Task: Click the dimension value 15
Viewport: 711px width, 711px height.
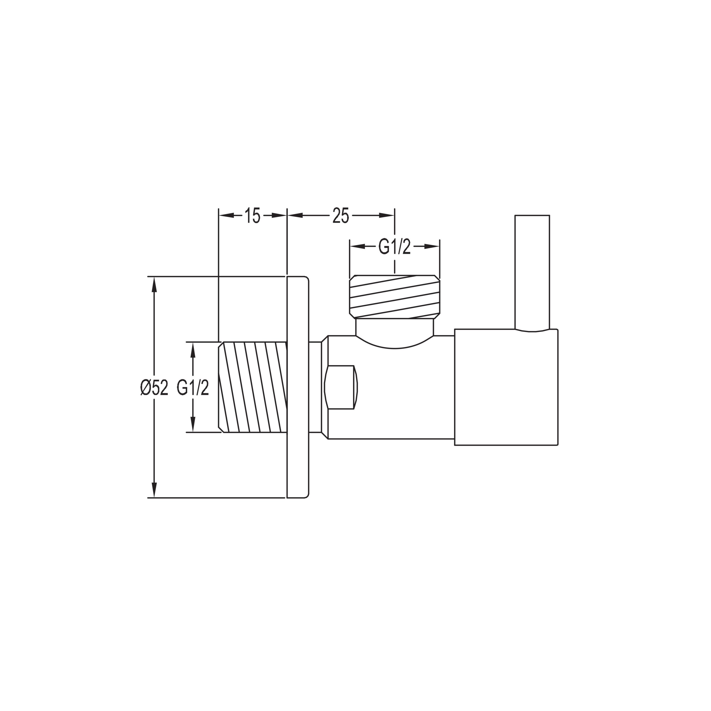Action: click(x=252, y=216)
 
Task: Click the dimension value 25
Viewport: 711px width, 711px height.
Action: click(x=341, y=216)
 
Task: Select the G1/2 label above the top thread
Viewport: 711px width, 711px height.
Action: click(x=394, y=247)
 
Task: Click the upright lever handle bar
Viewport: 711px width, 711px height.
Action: click(x=532, y=273)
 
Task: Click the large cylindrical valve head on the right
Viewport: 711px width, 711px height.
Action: click(x=506, y=387)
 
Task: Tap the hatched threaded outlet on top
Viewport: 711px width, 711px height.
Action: click(x=394, y=297)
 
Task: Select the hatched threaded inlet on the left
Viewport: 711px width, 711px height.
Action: click(x=252, y=387)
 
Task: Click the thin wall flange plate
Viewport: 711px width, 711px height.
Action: click(x=297, y=387)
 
